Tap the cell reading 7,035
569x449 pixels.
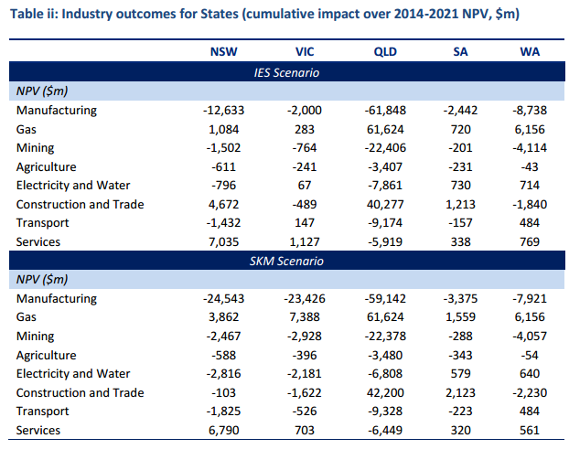pos(229,241)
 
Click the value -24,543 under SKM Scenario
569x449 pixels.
pos(225,299)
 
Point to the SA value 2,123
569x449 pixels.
pos(462,392)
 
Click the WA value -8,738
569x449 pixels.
pos(530,110)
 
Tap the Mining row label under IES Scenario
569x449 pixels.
pos(35,147)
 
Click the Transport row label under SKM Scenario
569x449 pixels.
pos(43,412)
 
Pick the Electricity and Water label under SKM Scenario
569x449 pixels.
pos(73,374)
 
